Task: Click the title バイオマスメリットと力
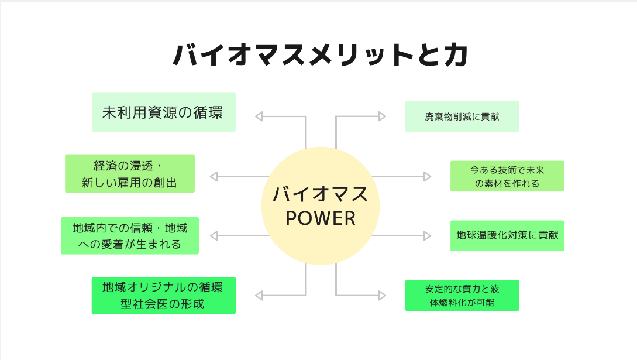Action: (320, 56)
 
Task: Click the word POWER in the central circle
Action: (320, 218)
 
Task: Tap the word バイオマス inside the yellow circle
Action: (320, 194)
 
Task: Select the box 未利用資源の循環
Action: (163, 112)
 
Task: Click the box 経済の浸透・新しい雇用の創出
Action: (129, 173)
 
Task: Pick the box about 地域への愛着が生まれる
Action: (129, 235)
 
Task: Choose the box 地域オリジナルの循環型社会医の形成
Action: (163, 295)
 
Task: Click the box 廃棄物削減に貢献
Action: (462, 116)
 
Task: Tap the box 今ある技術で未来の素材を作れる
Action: (507, 176)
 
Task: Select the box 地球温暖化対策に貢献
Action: (507, 235)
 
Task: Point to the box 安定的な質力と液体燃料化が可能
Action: (462, 295)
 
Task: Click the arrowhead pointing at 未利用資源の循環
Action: (259, 116)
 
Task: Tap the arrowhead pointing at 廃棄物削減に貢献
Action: (383, 116)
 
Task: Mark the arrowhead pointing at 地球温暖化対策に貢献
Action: (427, 236)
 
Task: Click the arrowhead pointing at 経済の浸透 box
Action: (214, 176)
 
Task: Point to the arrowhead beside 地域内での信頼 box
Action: (214, 236)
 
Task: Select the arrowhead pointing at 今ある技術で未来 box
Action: (427, 176)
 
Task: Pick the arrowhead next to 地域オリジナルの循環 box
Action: (259, 296)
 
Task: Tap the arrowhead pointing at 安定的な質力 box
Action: (383, 296)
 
